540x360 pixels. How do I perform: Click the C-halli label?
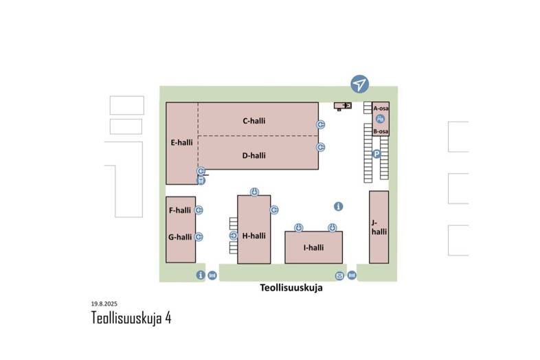pyautogui.click(x=254, y=121)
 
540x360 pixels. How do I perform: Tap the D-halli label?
pyautogui.click(x=254, y=155)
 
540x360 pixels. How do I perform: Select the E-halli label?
pyautogui.click(x=181, y=143)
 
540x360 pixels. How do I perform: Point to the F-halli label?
pyautogui.click(x=179, y=210)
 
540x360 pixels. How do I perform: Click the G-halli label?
pyautogui.click(x=179, y=237)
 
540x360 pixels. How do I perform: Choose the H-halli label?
pyautogui.click(x=254, y=236)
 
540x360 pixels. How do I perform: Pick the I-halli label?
pyautogui.click(x=313, y=248)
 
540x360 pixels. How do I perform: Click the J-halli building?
pyautogui.click(x=379, y=227)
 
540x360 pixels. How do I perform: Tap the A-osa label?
pyautogui.click(x=381, y=109)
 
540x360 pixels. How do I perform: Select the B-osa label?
pyautogui.click(x=381, y=131)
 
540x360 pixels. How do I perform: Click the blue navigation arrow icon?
pyautogui.click(x=359, y=84)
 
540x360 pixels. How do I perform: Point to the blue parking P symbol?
pyautogui.click(x=376, y=154)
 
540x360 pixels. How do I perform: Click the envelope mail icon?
pyautogui.click(x=339, y=275)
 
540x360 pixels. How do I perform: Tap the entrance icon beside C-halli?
pyautogui.click(x=321, y=124)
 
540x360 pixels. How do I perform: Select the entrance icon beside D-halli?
pyautogui.click(x=321, y=147)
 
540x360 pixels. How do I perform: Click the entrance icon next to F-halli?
pyautogui.click(x=199, y=210)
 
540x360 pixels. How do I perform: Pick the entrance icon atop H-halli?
pyautogui.click(x=254, y=192)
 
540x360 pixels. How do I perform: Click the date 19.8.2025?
pyautogui.click(x=105, y=303)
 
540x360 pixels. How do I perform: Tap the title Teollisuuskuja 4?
pyautogui.click(x=131, y=318)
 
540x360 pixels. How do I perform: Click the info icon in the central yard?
pyautogui.click(x=338, y=206)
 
